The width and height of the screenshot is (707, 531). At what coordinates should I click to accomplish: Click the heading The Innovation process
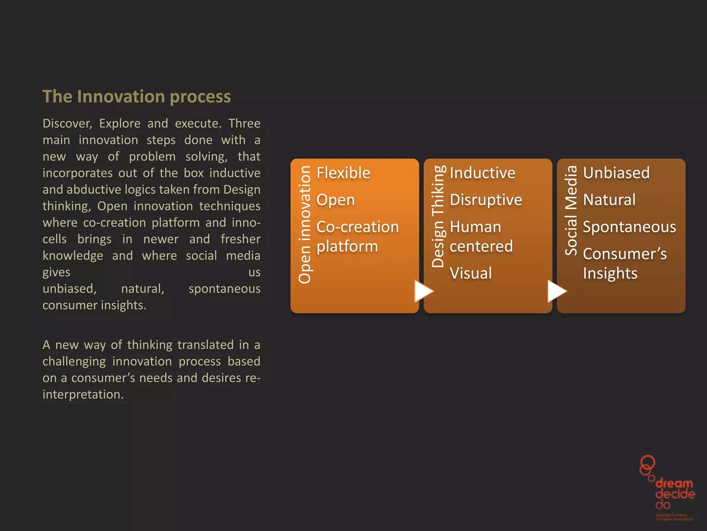point(136,96)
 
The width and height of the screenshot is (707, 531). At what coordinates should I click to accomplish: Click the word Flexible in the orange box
point(343,173)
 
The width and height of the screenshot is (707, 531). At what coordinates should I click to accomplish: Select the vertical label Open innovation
point(305,225)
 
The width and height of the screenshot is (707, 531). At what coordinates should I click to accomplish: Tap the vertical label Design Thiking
point(438,216)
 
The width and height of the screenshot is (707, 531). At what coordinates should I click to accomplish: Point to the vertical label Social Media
point(571,211)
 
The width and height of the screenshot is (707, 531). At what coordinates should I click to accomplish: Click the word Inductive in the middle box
point(482,173)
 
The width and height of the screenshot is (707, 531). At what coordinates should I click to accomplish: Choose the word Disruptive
point(486,200)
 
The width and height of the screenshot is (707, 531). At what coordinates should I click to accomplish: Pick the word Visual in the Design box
point(471,273)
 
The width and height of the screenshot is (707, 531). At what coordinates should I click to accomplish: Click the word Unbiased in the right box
point(616,173)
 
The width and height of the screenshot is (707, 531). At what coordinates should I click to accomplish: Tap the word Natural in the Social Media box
point(609,200)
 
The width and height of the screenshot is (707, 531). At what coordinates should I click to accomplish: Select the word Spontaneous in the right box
point(629,227)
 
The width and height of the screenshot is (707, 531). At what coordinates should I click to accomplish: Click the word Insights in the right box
point(610,273)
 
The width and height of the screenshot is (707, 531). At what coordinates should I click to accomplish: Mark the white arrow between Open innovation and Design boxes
point(423,291)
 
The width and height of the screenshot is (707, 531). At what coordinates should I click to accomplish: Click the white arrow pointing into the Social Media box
point(556,291)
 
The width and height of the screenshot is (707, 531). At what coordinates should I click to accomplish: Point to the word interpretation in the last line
point(83,394)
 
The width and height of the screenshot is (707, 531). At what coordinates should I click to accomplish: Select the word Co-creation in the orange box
point(357,227)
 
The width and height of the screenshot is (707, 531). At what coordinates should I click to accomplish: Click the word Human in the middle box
point(475,227)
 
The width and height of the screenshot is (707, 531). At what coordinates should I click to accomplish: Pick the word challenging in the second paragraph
point(74,362)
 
